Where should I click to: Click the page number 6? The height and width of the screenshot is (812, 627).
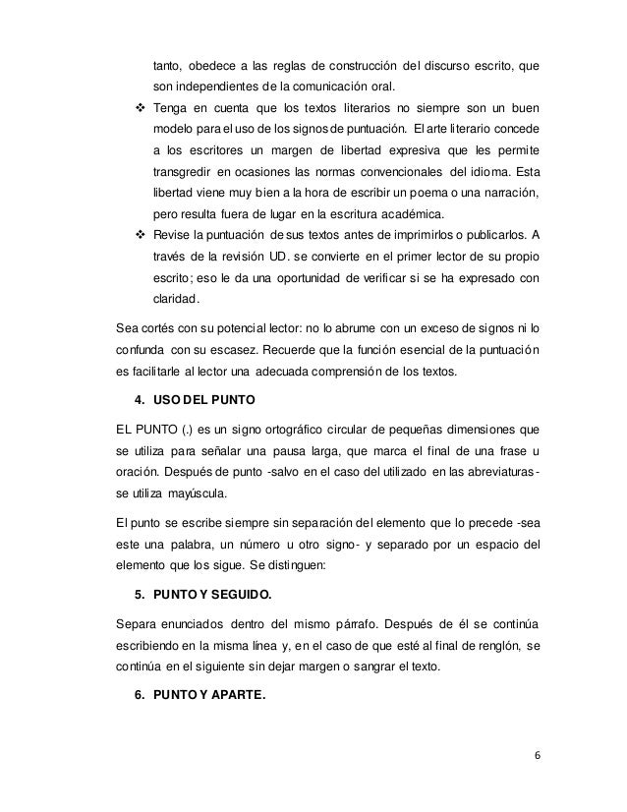pyautogui.click(x=538, y=757)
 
